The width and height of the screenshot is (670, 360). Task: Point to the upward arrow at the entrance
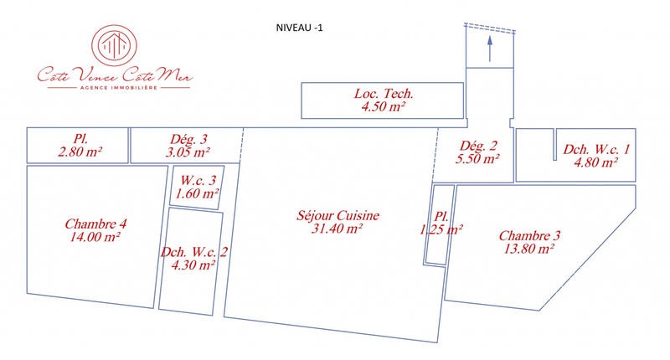(490, 50)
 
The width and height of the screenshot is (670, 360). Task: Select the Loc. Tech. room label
(384, 94)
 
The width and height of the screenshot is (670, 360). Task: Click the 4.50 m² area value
(384, 107)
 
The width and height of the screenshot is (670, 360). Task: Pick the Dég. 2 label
(477, 144)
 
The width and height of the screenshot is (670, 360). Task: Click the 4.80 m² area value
(595, 162)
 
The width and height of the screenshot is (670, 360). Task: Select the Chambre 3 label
(529, 235)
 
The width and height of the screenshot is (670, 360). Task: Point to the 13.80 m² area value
(529, 249)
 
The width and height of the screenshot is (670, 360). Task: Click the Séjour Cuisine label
(338, 215)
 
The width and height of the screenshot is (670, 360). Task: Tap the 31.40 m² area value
(337, 228)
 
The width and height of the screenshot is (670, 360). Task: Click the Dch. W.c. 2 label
(194, 250)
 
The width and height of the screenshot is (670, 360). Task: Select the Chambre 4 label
(95, 224)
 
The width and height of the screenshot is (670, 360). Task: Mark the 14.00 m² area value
(95, 237)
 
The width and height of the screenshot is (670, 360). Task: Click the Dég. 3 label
(188, 139)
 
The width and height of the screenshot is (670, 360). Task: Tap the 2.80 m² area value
(80, 152)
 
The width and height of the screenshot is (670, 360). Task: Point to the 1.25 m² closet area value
(441, 229)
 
